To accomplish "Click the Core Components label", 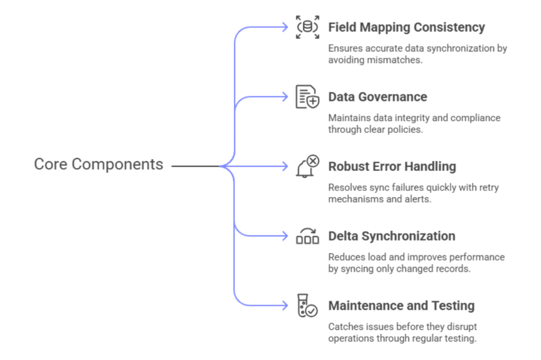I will [x=98, y=165].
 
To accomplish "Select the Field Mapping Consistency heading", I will [x=406, y=27].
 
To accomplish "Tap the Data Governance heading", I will [x=377, y=97].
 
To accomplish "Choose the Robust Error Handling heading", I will [x=391, y=166].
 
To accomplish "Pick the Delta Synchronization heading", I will [x=391, y=236].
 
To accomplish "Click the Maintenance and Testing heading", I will [x=401, y=306].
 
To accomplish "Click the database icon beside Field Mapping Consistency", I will [x=307, y=27].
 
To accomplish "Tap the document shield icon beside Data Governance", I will [x=307, y=97].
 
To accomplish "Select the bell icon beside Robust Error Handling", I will [x=307, y=166].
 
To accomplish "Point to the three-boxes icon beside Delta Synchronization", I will [x=307, y=236].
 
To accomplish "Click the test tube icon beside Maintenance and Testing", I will [x=307, y=306].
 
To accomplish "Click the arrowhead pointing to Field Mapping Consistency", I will [x=286, y=27].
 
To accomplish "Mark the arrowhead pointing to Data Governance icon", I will [x=286, y=97].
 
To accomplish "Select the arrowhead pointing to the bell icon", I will [x=286, y=166].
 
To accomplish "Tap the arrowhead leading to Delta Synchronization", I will [x=286, y=236].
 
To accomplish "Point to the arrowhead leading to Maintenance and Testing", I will [x=286, y=306].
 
